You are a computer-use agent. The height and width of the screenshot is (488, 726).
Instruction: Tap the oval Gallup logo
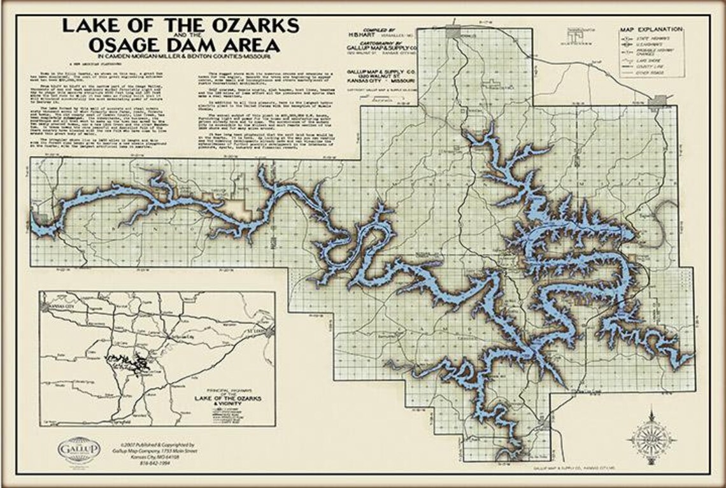79,450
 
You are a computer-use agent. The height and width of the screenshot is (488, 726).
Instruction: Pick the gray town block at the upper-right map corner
660,101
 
